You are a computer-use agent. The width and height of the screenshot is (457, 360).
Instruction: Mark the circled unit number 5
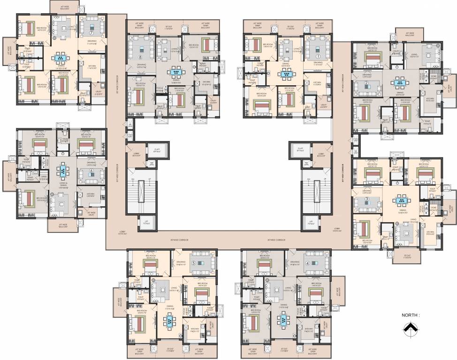[193, 263]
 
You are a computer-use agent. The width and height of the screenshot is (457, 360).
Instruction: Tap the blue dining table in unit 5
[168, 321]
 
